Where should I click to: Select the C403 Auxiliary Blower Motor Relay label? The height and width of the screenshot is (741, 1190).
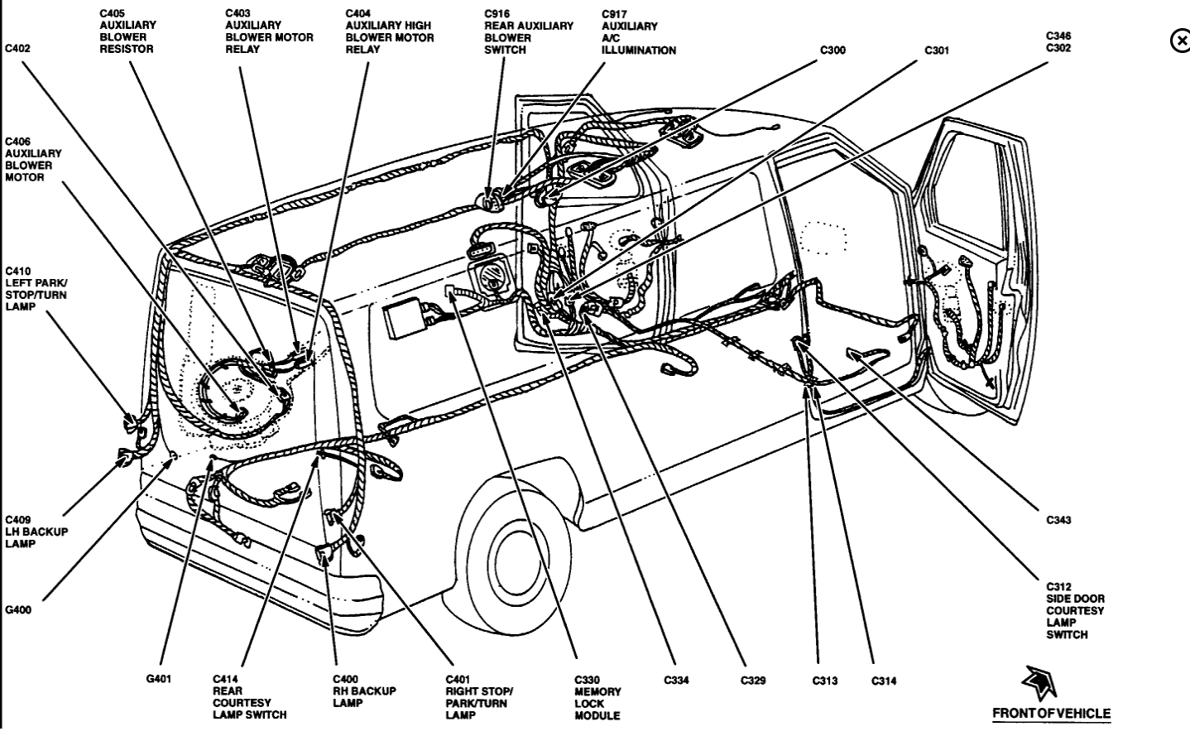[x=269, y=31]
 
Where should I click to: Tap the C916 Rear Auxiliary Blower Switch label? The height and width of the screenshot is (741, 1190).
[x=528, y=31]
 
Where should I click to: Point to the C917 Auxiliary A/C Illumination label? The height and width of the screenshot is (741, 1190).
[x=638, y=31]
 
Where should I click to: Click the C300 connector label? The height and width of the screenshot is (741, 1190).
[x=833, y=51]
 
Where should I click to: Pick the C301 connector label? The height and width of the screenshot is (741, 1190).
[x=937, y=51]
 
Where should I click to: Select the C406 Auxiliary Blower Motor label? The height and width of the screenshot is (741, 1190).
[x=33, y=160]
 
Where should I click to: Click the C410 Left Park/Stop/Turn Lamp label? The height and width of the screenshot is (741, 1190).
[x=36, y=289]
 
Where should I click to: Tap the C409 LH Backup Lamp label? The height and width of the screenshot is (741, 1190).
[x=36, y=532]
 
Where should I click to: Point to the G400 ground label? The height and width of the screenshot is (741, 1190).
[x=18, y=610]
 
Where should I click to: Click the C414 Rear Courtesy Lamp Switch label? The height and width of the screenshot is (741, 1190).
[x=249, y=697]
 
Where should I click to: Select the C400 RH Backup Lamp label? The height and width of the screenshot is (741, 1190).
[x=364, y=691]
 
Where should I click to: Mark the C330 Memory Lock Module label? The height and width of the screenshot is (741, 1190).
[x=597, y=697]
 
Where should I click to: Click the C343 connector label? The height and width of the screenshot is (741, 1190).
[x=1058, y=520]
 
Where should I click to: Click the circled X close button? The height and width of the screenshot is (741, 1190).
[x=1180, y=41]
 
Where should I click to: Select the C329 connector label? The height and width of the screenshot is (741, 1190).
[x=752, y=681]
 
